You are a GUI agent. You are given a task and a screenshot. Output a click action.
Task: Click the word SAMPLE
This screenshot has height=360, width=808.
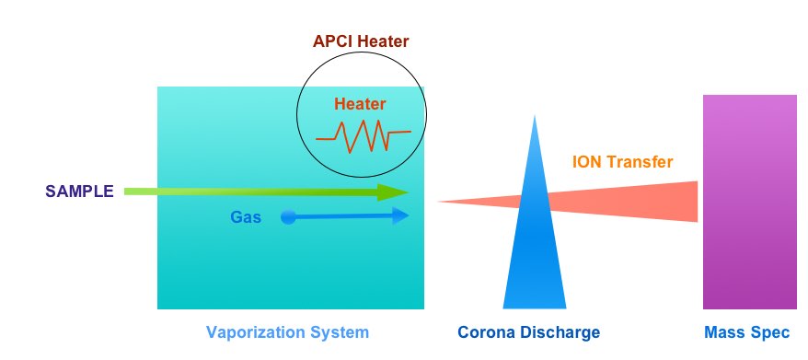[x=79, y=192]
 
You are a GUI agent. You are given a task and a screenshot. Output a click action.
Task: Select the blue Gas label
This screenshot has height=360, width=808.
[x=246, y=218]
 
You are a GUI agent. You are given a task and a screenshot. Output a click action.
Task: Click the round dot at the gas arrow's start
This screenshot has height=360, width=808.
[x=288, y=217]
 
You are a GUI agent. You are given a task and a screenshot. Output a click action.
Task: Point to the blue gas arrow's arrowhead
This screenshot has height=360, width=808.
[x=400, y=216]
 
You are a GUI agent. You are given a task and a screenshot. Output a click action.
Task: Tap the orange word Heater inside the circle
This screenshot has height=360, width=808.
[x=360, y=104]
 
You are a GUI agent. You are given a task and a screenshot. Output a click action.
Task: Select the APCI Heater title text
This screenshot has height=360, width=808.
[x=360, y=41]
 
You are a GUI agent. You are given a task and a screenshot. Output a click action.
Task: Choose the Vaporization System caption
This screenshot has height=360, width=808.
[x=287, y=332]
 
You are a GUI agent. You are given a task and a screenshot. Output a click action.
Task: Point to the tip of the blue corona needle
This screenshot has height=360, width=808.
[x=533, y=118]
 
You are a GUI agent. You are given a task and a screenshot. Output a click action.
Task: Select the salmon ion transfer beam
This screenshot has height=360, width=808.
[x=626, y=201]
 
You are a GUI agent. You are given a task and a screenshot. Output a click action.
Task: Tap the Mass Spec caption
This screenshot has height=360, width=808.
[x=745, y=332]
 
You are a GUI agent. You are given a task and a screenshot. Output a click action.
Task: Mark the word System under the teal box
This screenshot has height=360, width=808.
[x=340, y=332]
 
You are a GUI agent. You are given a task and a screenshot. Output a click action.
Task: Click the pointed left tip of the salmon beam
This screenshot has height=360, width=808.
[x=439, y=202]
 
